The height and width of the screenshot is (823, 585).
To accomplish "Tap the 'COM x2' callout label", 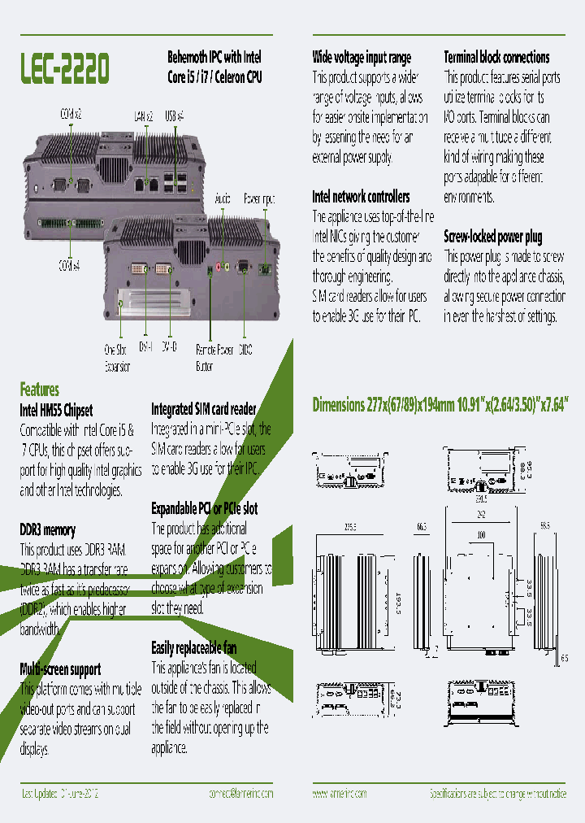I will click(x=71, y=115).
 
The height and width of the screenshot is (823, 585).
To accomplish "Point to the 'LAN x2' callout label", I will click(x=143, y=115).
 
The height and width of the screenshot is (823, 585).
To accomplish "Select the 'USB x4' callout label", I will click(x=174, y=115).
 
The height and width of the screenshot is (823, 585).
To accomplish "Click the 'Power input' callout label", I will click(x=259, y=198).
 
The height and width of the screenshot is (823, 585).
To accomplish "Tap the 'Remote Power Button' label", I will click(x=214, y=358).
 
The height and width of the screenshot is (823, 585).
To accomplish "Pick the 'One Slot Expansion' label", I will click(x=117, y=358).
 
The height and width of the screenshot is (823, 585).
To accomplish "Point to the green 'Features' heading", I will click(x=39, y=390).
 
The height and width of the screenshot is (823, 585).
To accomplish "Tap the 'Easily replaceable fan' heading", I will click(x=193, y=647).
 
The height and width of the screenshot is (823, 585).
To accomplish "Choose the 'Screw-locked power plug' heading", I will click(x=492, y=237).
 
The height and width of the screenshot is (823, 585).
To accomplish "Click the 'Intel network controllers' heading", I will click(x=361, y=197).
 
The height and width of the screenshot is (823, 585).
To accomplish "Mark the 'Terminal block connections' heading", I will click(x=496, y=58).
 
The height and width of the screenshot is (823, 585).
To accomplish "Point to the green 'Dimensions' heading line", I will click(x=440, y=405).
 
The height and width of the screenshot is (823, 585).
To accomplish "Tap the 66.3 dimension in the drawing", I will click(x=421, y=527).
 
